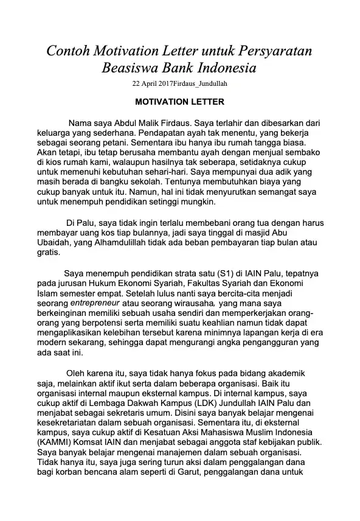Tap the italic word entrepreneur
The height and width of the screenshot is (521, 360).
point(95,302)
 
